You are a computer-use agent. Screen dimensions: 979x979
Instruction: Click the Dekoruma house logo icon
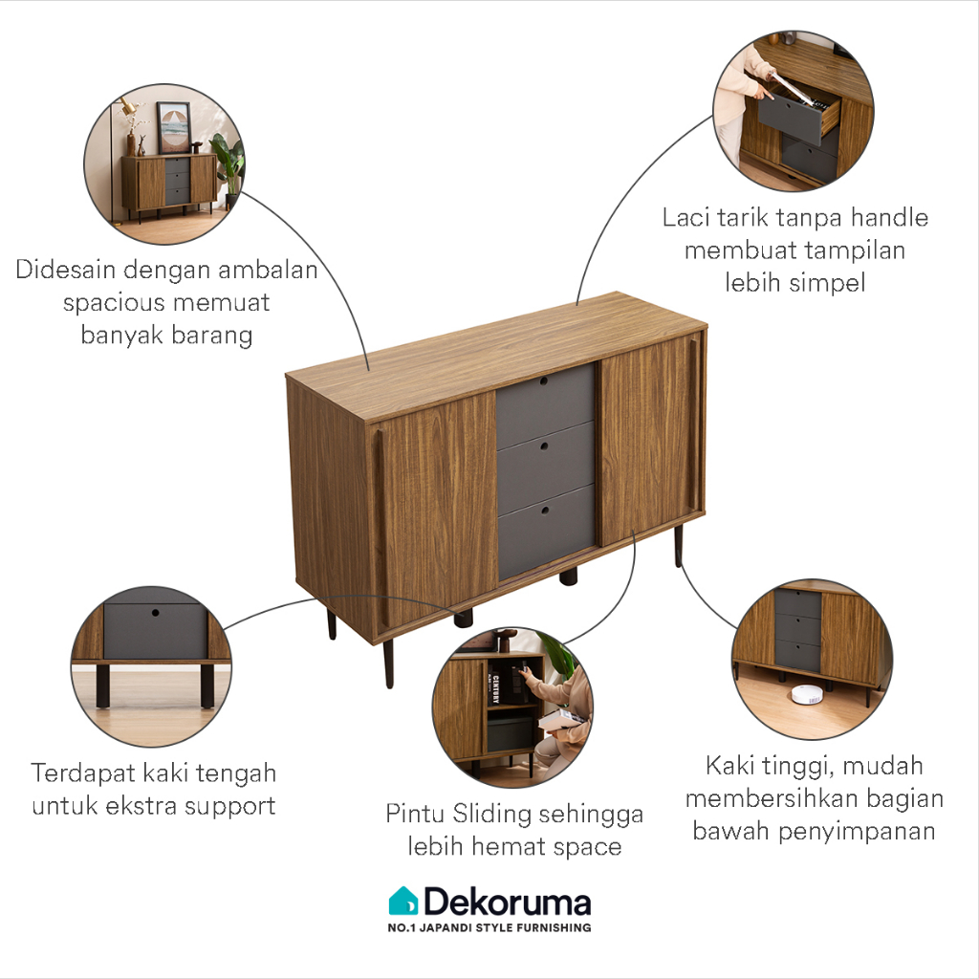402,901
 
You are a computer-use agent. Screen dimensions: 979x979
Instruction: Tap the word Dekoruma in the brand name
507,902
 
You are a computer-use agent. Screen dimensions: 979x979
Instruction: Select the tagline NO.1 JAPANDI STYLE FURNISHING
489,927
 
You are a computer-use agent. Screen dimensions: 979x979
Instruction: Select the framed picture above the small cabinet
174,126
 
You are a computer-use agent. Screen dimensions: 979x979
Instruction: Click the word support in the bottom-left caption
229,805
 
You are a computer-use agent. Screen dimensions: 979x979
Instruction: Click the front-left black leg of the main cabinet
388,663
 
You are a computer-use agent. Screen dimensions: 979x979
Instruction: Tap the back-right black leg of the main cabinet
678,546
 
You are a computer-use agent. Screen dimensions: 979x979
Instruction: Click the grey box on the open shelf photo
510,731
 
